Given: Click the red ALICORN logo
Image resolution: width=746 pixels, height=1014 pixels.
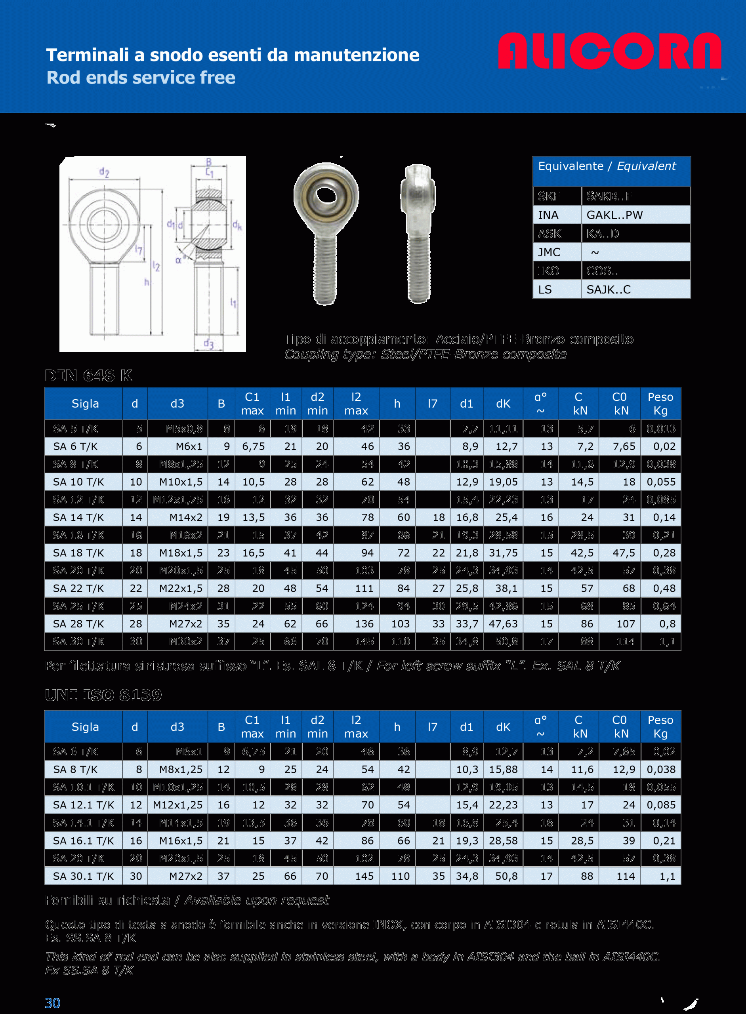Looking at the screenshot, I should (x=610, y=51).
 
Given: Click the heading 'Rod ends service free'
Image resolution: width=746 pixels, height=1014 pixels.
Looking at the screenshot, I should (x=141, y=78).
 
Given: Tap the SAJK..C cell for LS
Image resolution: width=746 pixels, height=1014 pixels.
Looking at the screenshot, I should (x=608, y=290).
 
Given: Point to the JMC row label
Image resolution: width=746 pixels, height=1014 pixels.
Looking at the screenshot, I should (x=549, y=252).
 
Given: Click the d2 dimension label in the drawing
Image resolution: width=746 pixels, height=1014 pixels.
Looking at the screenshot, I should (x=104, y=172).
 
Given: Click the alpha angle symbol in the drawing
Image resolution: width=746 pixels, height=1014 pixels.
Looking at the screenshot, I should (x=178, y=261).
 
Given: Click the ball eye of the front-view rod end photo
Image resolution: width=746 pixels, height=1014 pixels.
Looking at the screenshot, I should (x=326, y=196).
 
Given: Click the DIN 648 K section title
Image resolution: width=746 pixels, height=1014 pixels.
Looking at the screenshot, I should (x=88, y=375).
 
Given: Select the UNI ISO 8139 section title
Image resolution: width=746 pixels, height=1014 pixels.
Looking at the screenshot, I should (x=103, y=695).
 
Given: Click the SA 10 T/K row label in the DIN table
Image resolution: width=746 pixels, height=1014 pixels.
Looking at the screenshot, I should (x=78, y=482).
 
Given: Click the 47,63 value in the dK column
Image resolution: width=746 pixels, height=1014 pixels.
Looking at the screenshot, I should (x=503, y=624).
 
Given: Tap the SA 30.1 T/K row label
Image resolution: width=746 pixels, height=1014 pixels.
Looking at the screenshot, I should (x=84, y=876).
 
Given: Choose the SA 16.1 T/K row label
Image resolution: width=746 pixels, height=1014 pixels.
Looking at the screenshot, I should (x=84, y=841).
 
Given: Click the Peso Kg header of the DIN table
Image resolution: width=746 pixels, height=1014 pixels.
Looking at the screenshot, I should (x=660, y=404).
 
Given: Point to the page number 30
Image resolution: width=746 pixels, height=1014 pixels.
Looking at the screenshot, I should (x=52, y=1003).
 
